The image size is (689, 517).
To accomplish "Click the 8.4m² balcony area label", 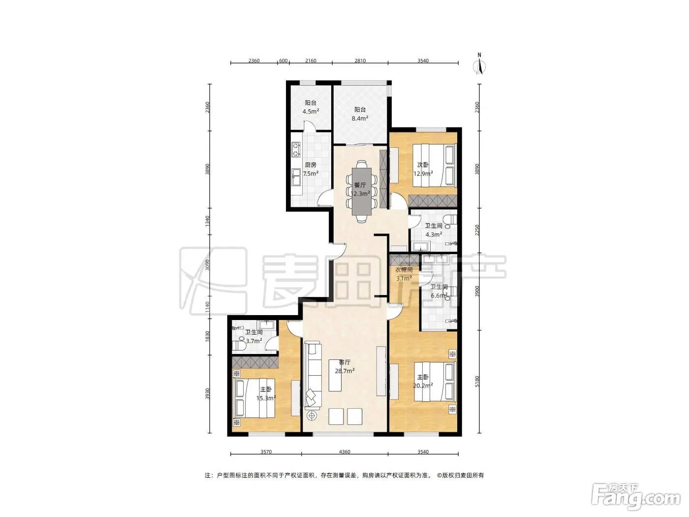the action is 360,118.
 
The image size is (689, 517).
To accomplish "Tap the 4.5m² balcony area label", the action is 311,111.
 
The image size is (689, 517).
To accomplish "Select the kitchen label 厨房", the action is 311,165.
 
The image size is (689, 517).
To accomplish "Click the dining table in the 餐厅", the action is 362,192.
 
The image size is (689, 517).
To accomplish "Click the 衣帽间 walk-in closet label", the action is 404,270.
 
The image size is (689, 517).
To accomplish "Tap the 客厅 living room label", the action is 344,362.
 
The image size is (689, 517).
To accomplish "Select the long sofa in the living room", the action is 313,376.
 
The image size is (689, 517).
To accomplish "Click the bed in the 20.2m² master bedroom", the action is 435,382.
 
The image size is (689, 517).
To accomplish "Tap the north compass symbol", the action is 479,65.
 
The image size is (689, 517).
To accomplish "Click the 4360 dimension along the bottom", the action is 344,452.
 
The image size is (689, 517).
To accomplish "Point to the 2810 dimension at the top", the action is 360,61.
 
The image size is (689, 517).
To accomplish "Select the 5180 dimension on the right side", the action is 477,382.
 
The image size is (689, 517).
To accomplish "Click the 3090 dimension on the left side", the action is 207,265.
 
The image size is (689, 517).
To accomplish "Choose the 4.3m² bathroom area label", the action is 434,234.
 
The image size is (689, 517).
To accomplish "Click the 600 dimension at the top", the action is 283,61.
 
